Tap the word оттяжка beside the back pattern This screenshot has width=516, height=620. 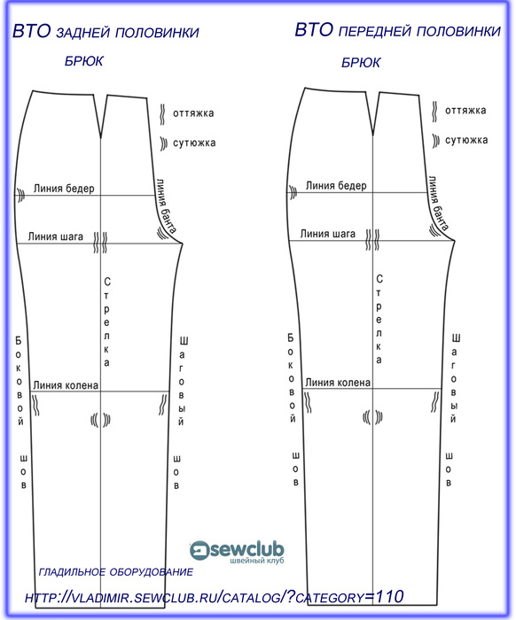pyautogui.click(x=193, y=113)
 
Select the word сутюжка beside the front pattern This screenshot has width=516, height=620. pyautogui.click(x=466, y=140)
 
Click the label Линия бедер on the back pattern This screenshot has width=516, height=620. pyautogui.click(x=64, y=188)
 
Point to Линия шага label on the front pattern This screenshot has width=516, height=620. pyautogui.click(x=328, y=234)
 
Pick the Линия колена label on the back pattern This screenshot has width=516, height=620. pyautogui.click(x=66, y=384)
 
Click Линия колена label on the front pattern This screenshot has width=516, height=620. pyautogui.click(x=338, y=383)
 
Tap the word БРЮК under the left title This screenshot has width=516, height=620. pyautogui.click(x=84, y=61)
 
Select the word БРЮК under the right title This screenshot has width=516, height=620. pyautogui.click(x=361, y=63)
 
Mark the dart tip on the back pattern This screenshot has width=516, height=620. pyautogui.click(x=101, y=138)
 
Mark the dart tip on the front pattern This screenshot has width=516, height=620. pyautogui.click(x=372, y=135)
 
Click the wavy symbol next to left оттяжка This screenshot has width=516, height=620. pyautogui.click(x=162, y=114)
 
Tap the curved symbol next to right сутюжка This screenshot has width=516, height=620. pyautogui.click(x=435, y=141)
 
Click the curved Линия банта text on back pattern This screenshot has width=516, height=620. pyautogui.click(x=166, y=205)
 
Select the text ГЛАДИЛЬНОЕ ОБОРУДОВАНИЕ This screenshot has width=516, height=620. pyautogui.click(x=116, y=572)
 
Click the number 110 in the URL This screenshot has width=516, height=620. pyautogui.click(x=389, y=596)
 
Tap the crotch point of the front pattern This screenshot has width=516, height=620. pyautogui.click(x=455, y=240)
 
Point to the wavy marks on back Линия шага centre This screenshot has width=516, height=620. pyautogui.click(x=100, y=243)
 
